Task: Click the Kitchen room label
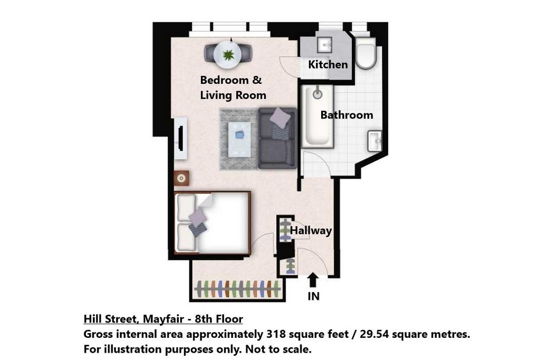pyautogui.click(x=328, y=64)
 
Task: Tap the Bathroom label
pyautogui.click(x=347, y=114)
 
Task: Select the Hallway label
pyautogui.click(x=311, y=230)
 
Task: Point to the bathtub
pyautogui.click(x=317, y=116)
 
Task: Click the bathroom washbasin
pyautogui.click(x=375, y=141)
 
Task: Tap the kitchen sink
pyautogui.click(x=324, y=44)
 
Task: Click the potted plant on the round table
pyautogui.click(x=227, y=54)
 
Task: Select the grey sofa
pyautogui.click(x=277, y=138)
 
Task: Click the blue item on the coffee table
pyautogui.click(x=239, y=135)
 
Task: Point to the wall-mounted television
pyautogui.click(x=181, y=139)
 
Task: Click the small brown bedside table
pyautogui.click(x=181, y=178)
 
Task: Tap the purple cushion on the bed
pyautogui.click(x=198, y=216)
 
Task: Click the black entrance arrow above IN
pyautogui.click(x=313, y=279)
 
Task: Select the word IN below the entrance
pyautogui.click(x=313, y=296)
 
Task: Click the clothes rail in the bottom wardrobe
pyautogui.click(x=238, y=289)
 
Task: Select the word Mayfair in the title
pyautogui.click(x=163, y=319)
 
